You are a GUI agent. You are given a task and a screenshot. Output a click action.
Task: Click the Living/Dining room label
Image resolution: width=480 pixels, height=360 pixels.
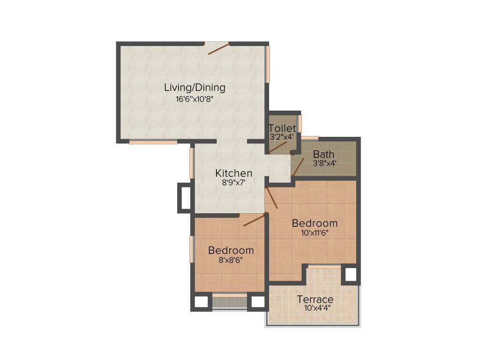195,87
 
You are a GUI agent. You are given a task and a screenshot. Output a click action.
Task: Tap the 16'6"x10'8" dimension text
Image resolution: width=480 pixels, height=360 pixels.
195,99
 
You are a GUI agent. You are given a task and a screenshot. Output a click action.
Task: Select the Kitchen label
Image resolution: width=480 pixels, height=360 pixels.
234,173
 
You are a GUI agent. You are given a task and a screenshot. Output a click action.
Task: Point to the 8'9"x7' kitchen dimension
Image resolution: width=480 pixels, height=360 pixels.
234,183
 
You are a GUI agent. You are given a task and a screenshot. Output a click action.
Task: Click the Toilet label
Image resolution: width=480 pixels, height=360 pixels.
282,128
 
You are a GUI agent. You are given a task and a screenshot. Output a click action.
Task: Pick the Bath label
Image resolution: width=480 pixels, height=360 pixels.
323,154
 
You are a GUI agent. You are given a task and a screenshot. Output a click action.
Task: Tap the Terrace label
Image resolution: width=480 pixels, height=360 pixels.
315,300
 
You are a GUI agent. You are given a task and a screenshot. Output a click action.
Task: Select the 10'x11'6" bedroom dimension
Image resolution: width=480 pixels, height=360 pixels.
315,232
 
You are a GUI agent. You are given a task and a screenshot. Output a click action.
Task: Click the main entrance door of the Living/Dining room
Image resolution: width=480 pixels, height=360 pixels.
217,48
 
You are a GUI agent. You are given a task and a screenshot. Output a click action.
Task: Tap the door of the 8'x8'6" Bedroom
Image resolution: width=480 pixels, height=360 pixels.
254,220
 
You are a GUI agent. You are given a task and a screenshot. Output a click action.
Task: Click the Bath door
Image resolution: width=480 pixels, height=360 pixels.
298,166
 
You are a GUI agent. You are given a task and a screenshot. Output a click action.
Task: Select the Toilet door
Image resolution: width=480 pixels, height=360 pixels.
278,147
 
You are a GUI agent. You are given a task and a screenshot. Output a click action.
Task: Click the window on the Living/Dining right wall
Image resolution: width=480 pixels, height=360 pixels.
268,64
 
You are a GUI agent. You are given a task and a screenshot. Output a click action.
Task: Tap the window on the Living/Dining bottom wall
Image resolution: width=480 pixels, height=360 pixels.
153,142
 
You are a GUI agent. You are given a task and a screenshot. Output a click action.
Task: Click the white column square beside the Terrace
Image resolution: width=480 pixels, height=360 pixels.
350,274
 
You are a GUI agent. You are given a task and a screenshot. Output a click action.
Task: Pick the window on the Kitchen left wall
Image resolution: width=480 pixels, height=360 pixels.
192,163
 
